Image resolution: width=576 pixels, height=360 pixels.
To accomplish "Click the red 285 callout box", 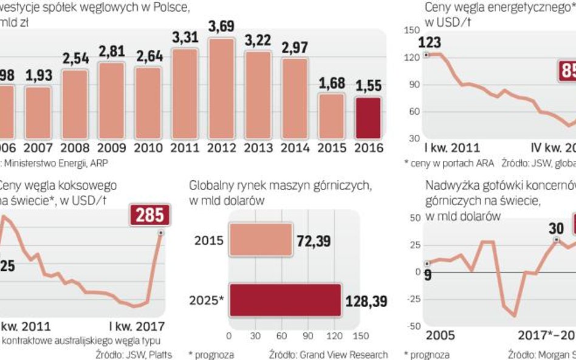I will point(149,216).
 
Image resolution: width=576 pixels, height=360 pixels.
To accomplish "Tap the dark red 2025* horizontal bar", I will point(285,300).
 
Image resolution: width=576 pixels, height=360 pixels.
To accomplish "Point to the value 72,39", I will point(314,241).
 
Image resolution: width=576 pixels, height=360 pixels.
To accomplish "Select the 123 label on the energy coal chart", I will point(430,43).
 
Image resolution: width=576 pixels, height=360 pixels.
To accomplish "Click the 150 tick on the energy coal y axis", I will point(411,30).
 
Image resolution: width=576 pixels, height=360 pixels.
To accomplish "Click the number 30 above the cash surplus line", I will point(557,228).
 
